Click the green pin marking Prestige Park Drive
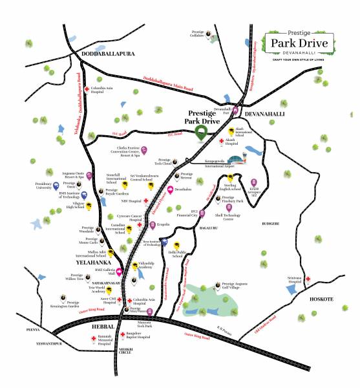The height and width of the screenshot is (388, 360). [x=202, y=133]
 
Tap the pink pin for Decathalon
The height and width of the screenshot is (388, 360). [x=170, y=190]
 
